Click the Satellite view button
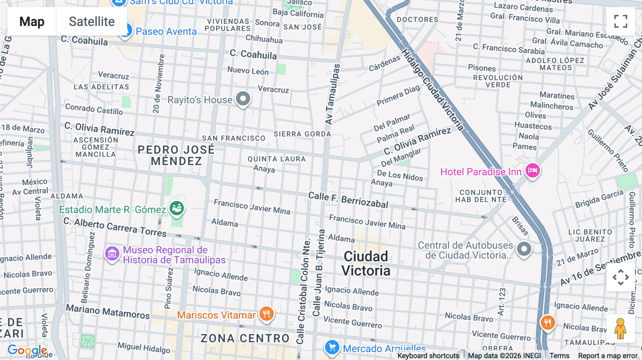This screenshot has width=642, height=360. [x=92, y=21]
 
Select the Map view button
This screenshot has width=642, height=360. [x=32, y=21]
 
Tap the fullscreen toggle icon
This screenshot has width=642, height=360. [x=621, y=21]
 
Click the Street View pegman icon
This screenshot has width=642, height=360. [x=620, y=328]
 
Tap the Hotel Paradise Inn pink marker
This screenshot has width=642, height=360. [x=533, y=170]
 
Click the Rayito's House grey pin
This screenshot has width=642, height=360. [x=243, y=99]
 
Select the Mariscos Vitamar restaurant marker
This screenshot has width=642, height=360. [x=266, y=314]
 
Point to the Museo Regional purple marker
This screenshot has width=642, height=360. [x=112, y=254]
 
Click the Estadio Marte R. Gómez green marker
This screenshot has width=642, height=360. [x=177, y=208]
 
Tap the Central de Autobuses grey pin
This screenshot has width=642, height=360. [x=524, y=248]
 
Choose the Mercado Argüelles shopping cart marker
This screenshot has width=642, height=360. [x=332, y=347]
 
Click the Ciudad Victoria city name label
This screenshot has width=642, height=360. [x=366, y=263]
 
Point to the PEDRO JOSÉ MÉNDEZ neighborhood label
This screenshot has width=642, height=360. [x=176, y=155]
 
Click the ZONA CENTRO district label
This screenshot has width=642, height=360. [x=245, y=338]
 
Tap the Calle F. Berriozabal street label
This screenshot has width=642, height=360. [x=348, y=200]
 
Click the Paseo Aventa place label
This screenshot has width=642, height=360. [x=166, y=31]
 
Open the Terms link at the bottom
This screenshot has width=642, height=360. [x=559, y=355]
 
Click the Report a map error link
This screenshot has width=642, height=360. [x=607, y=355]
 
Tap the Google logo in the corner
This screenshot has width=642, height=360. [x=27, y=350]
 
